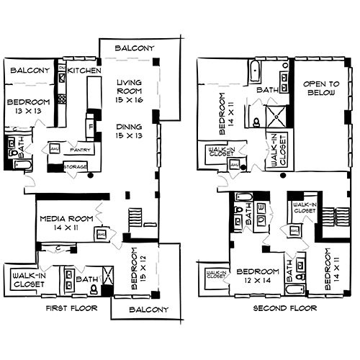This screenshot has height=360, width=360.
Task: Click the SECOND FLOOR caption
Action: (x=284, y=309)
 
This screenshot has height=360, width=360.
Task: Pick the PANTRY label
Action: (x=78, y=150)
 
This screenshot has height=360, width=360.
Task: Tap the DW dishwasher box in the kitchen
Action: (x=62, y=69)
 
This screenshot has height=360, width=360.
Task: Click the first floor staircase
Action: (x=135, y=216)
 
